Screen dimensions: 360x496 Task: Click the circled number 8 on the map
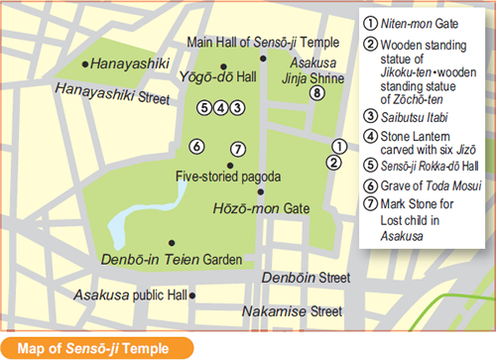[x=316, y=93]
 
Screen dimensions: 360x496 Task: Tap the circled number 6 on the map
[x=197, y=147]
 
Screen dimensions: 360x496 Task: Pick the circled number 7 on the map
[x=237, y=150]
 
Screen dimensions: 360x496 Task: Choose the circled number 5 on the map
[x=204, y=107]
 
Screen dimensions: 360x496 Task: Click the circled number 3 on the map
[x=237, y=107]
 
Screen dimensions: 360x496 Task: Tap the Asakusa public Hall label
[x=130, y=296]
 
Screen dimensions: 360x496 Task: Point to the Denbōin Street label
[x=307, y=278]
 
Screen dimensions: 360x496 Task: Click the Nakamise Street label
[x=301, y=311]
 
